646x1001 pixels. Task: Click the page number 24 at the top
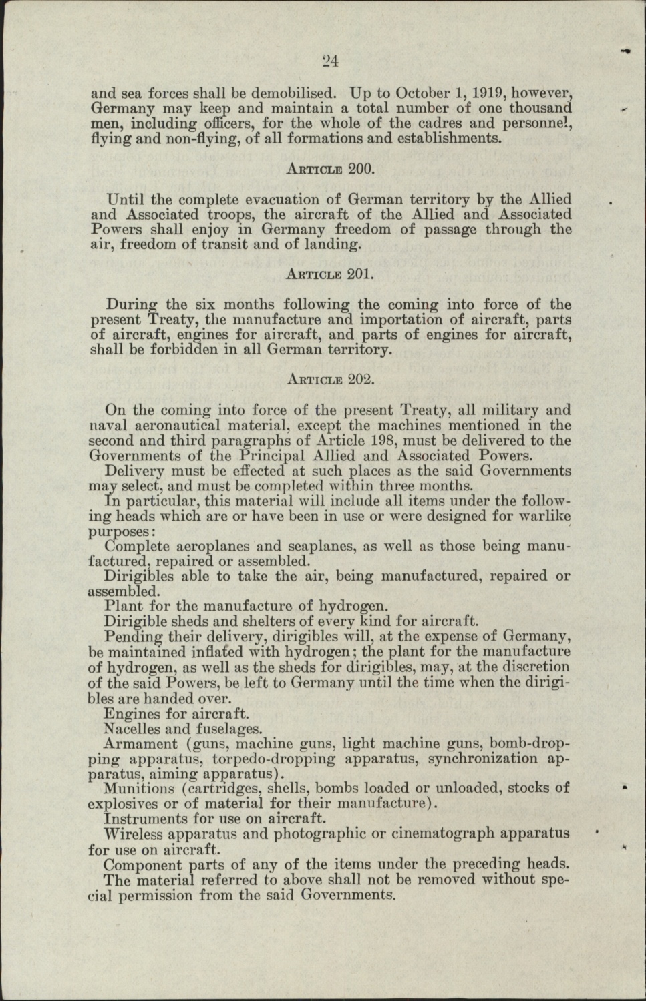click(x=329, y=61)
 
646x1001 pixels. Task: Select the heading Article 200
click(x=330, y=169)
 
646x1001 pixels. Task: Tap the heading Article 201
click(x=330, y=274)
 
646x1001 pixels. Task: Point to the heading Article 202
click(x=330, y=380)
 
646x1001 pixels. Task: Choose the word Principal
click(x=275, y=456)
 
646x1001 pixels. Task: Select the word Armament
click(x=141, y=744)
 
